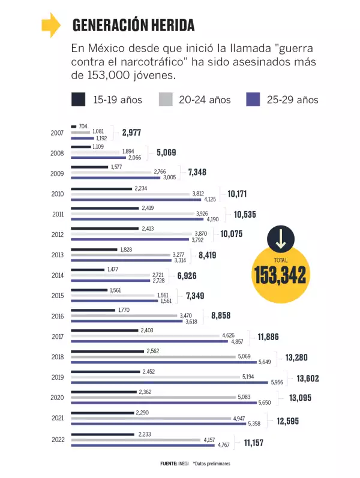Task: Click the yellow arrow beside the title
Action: pyautogui.click(x=50, y=25)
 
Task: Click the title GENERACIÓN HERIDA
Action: pyautogui.click(x=133, y=25)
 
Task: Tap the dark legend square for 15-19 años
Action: pyautogui.click(x=78, y=99)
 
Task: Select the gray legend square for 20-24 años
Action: pyautogui.click(x=166, y=99)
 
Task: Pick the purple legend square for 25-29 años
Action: pyautogui.click(x=254, y=99)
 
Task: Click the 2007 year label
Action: pyautogui.click(x=57, y=133)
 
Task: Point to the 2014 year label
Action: pyautogui.click(x=57, y=275)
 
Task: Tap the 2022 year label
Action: pyautogui.click(x=57, y=439)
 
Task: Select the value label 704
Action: pyautogui.click(x=83, y=126)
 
